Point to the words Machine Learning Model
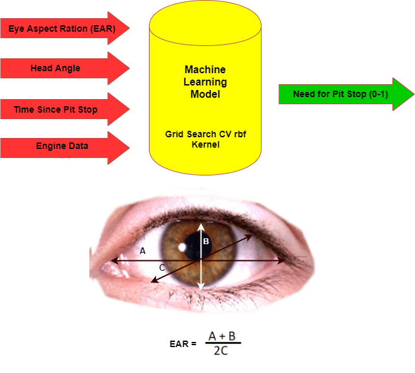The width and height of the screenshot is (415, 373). (205, 82)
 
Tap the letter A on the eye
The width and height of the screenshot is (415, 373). (142, 250)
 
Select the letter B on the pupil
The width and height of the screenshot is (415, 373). (206, 242)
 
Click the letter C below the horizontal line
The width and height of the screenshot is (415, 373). (162, 267)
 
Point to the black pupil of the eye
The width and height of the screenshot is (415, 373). (195, 244)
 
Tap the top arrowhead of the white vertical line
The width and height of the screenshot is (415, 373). (201, 227)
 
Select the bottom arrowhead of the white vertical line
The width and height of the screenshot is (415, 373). (202, 286)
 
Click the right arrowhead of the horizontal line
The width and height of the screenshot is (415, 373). (283, 261)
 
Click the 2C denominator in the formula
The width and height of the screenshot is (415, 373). (222, 350)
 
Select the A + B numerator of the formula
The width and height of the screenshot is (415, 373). (222, 336)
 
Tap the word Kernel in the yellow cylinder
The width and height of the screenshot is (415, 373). (205, 144)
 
